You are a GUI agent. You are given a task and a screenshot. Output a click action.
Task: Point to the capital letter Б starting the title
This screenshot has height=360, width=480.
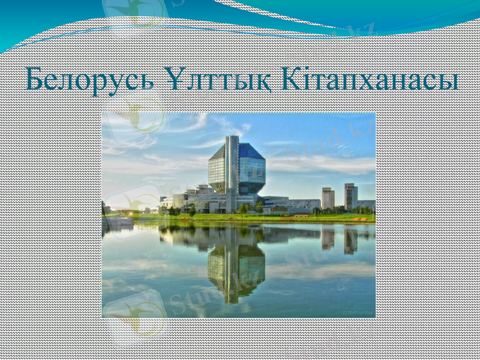coord(36,80)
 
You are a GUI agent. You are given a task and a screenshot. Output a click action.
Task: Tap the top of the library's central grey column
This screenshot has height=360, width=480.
coord(232,139)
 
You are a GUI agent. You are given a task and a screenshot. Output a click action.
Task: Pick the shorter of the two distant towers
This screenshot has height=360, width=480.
coord(328,197)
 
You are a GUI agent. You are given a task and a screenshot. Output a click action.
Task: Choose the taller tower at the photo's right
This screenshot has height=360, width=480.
coord(350,195)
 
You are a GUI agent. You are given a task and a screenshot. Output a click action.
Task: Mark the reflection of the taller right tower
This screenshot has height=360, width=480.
coord(350,240)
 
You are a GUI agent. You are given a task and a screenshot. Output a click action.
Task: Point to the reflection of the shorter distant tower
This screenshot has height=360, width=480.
coord(328,238)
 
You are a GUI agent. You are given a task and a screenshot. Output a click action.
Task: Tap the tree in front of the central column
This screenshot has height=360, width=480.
coord(243,208)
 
